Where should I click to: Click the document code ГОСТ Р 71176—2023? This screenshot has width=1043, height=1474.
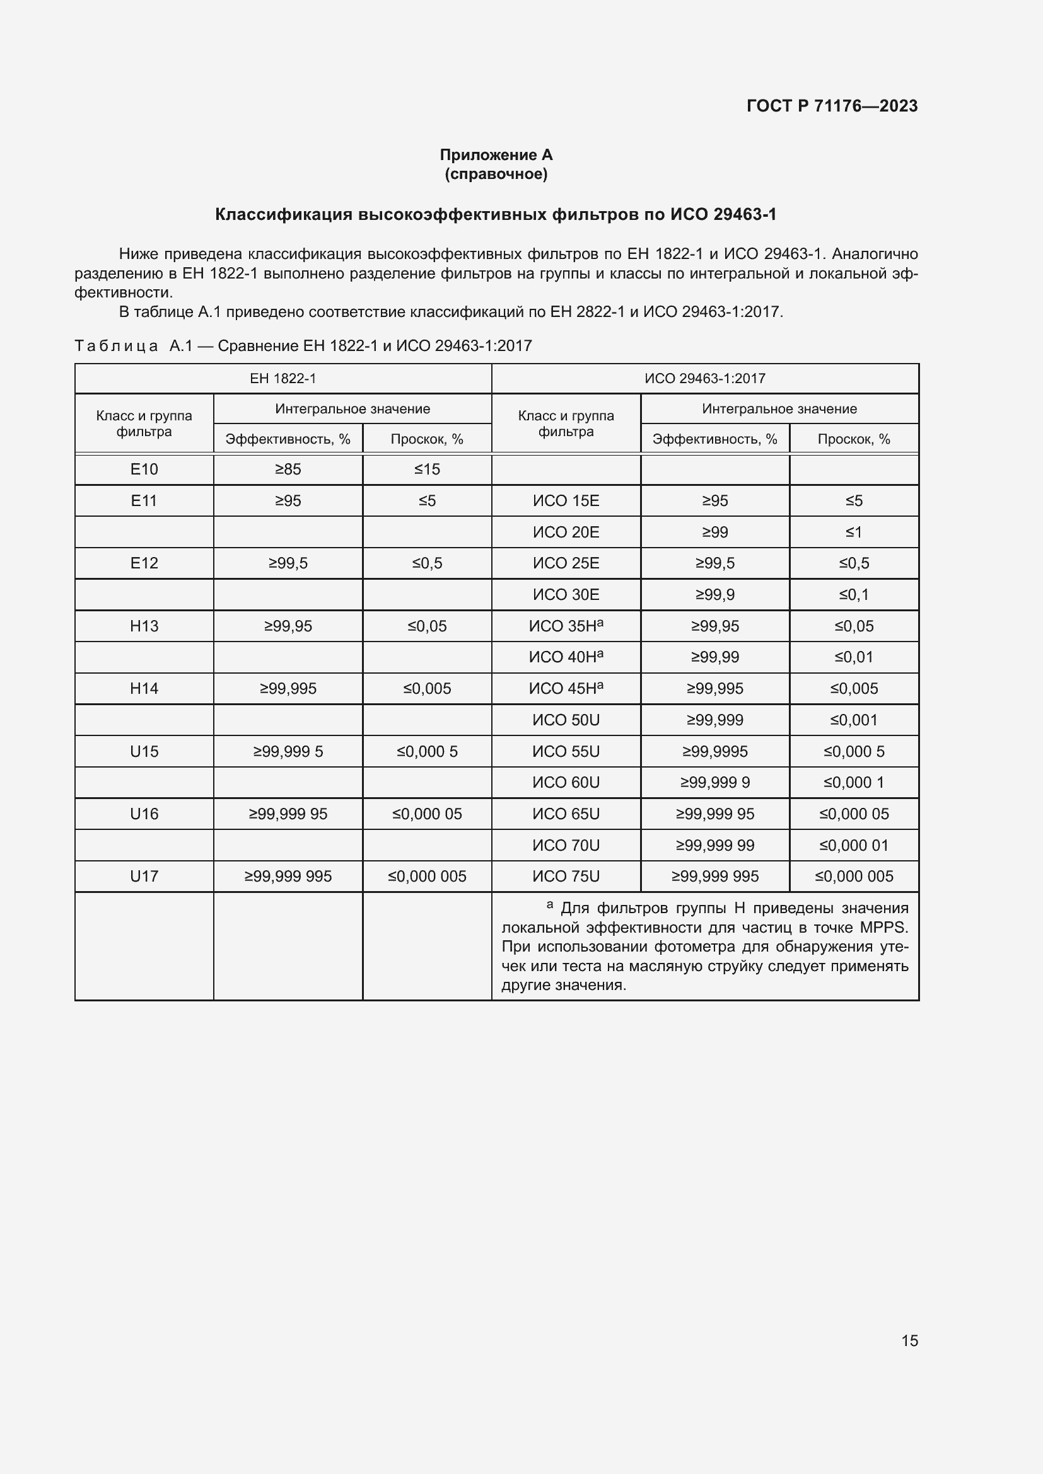pyautogui.click(x=832, y=106)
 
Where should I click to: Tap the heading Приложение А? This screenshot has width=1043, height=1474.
pyautogui.click(x=496, y=155)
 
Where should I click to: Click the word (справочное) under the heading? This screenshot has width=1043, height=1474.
pyautogui.click(x=496, y=174)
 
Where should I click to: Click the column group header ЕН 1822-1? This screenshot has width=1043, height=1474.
pyautogui.click(x=283, y=379)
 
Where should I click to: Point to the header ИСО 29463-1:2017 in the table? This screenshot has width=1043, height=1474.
pyautogui.click(x=704, y=379)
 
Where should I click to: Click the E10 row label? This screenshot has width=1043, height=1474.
pyautogui.click(x=144, y=469)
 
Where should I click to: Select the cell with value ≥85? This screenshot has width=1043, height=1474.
pyautogui.click(x=288, y=469)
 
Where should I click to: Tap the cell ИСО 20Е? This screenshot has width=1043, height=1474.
pyautogui.click(x=566, y=533)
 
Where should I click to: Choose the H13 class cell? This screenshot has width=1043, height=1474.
pyautogui.click(x=144, y=626)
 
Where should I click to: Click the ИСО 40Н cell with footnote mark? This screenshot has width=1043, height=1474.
pyautogui.click(x=566, y=657)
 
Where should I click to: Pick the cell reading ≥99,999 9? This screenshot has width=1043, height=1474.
pyautogui.click(x=715, y=783)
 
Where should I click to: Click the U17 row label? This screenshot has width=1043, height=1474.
pyautogui.click(x=144, y=877)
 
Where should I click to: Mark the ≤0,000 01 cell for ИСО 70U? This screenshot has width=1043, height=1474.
pyautogui.click(x=854, y=846)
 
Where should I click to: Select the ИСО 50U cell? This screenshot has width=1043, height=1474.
pyautogui.click(x=566, y=720)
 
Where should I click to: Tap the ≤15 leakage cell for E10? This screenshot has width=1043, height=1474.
pyautogui.click(x=427, y=469)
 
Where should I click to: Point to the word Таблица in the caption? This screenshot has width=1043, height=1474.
pyautogui.click(x=116, y=346)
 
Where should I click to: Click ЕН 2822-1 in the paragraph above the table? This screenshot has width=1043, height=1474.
pyautogui.click(x=587, y=312)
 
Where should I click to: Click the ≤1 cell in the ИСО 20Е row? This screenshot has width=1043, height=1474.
pyautogui.click(x=854, y=533)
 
